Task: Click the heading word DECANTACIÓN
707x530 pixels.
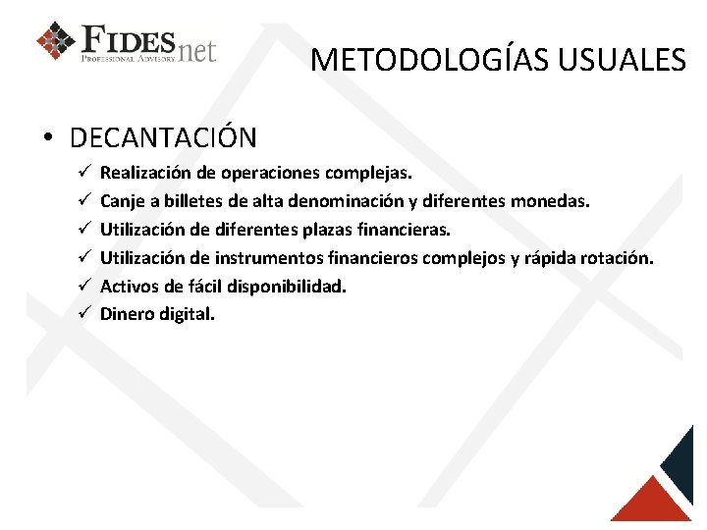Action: [x=163, y=137]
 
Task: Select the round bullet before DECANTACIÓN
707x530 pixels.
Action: [x=47, y=138]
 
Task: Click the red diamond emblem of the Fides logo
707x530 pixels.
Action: [x=55, y=41]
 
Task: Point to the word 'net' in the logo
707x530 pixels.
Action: [x=197, y=49]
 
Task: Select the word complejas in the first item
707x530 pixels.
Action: [x=370, y=173]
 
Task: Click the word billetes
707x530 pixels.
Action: [x=192, y=201]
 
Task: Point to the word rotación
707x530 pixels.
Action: [x=617, y=258]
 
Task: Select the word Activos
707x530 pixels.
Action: [x=129, y=287]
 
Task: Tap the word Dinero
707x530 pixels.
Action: [x=128, y=315]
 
